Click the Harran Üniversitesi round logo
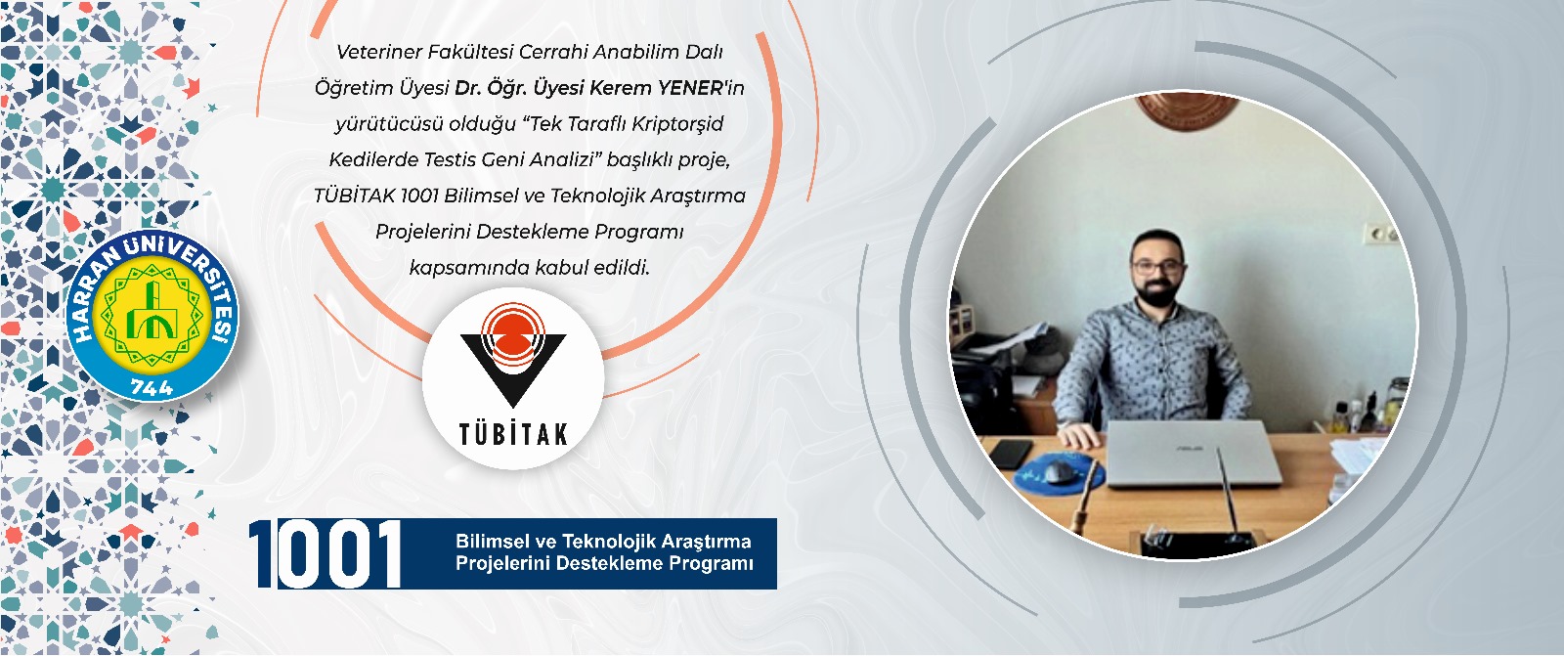click(x=152, y=315)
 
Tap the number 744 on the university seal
click(x=152, y=387)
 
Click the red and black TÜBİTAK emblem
click(x=513, y=355)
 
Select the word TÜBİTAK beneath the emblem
click(x=513, y=434)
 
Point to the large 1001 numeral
click(x=326, y=553)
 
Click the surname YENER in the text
click(x=690, y=88)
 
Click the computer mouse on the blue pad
click(x=1060, y=472)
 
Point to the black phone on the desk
click(x=1011, y=454)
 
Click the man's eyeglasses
click(x=1157, y=267)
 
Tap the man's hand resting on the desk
click(x=1079, y=436)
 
